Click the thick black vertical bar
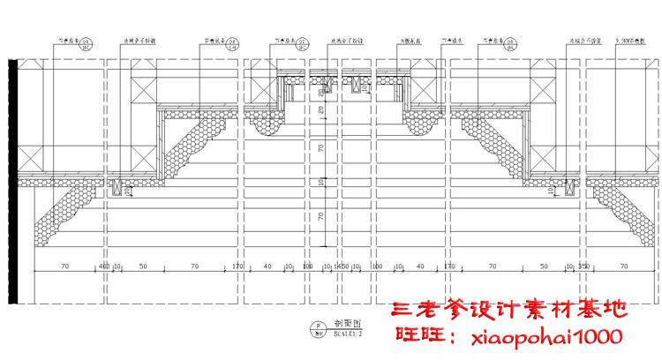tap(12, 181)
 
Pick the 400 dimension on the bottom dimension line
tap(103, 265)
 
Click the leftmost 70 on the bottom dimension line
tap(64, 265)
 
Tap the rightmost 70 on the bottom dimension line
tap(623, 265)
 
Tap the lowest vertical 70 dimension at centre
tap(321, 215)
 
